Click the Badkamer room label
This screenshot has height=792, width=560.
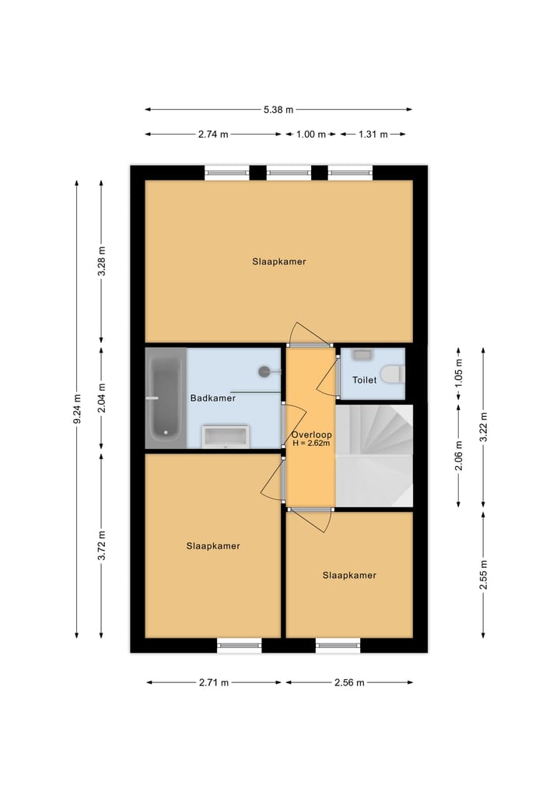click(212, 398)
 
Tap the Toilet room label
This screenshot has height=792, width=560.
click(364, 380)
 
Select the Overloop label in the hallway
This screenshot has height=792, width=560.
click(311, 434)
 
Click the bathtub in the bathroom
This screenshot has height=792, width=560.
click(165, 398)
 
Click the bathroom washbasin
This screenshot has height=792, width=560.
click(226, 436)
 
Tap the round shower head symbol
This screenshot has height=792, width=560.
click(265, 371)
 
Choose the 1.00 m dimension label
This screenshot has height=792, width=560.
click(311, 135)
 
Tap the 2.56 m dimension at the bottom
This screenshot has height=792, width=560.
click(348, 682)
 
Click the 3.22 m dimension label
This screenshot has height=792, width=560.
click(483, 426)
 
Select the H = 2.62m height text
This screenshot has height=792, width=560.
click(311, 444)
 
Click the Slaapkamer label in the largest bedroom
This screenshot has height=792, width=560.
click(278, 261)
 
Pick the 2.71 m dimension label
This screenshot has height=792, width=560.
click(214, 682)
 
